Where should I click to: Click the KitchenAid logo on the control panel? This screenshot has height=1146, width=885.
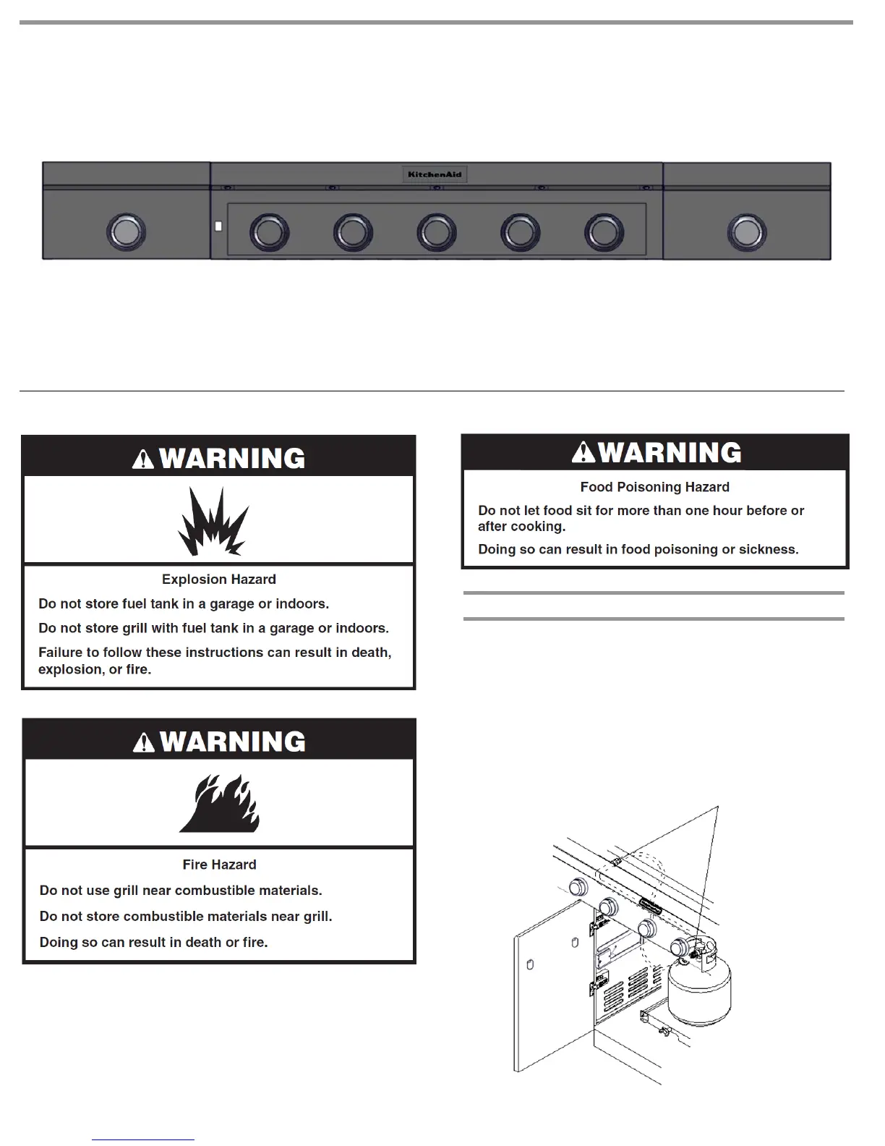435,174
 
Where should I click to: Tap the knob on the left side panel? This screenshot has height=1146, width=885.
126,232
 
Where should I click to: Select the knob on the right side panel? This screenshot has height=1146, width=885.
746,232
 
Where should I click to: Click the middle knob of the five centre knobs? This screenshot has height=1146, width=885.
436,232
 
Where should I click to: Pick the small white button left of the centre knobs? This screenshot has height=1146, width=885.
218,226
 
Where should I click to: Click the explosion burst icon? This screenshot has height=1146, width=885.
213,522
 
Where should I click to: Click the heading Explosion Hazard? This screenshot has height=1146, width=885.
218,580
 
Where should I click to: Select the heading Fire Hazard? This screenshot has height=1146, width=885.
219,865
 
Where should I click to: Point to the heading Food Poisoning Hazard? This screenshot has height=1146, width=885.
654,488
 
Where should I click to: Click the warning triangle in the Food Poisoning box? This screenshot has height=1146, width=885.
583,453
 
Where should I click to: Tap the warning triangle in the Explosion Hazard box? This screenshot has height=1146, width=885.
143,459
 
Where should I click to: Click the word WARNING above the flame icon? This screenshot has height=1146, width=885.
232,742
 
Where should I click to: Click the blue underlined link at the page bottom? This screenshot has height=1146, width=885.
143,1139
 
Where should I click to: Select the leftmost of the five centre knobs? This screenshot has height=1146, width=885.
268,232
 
